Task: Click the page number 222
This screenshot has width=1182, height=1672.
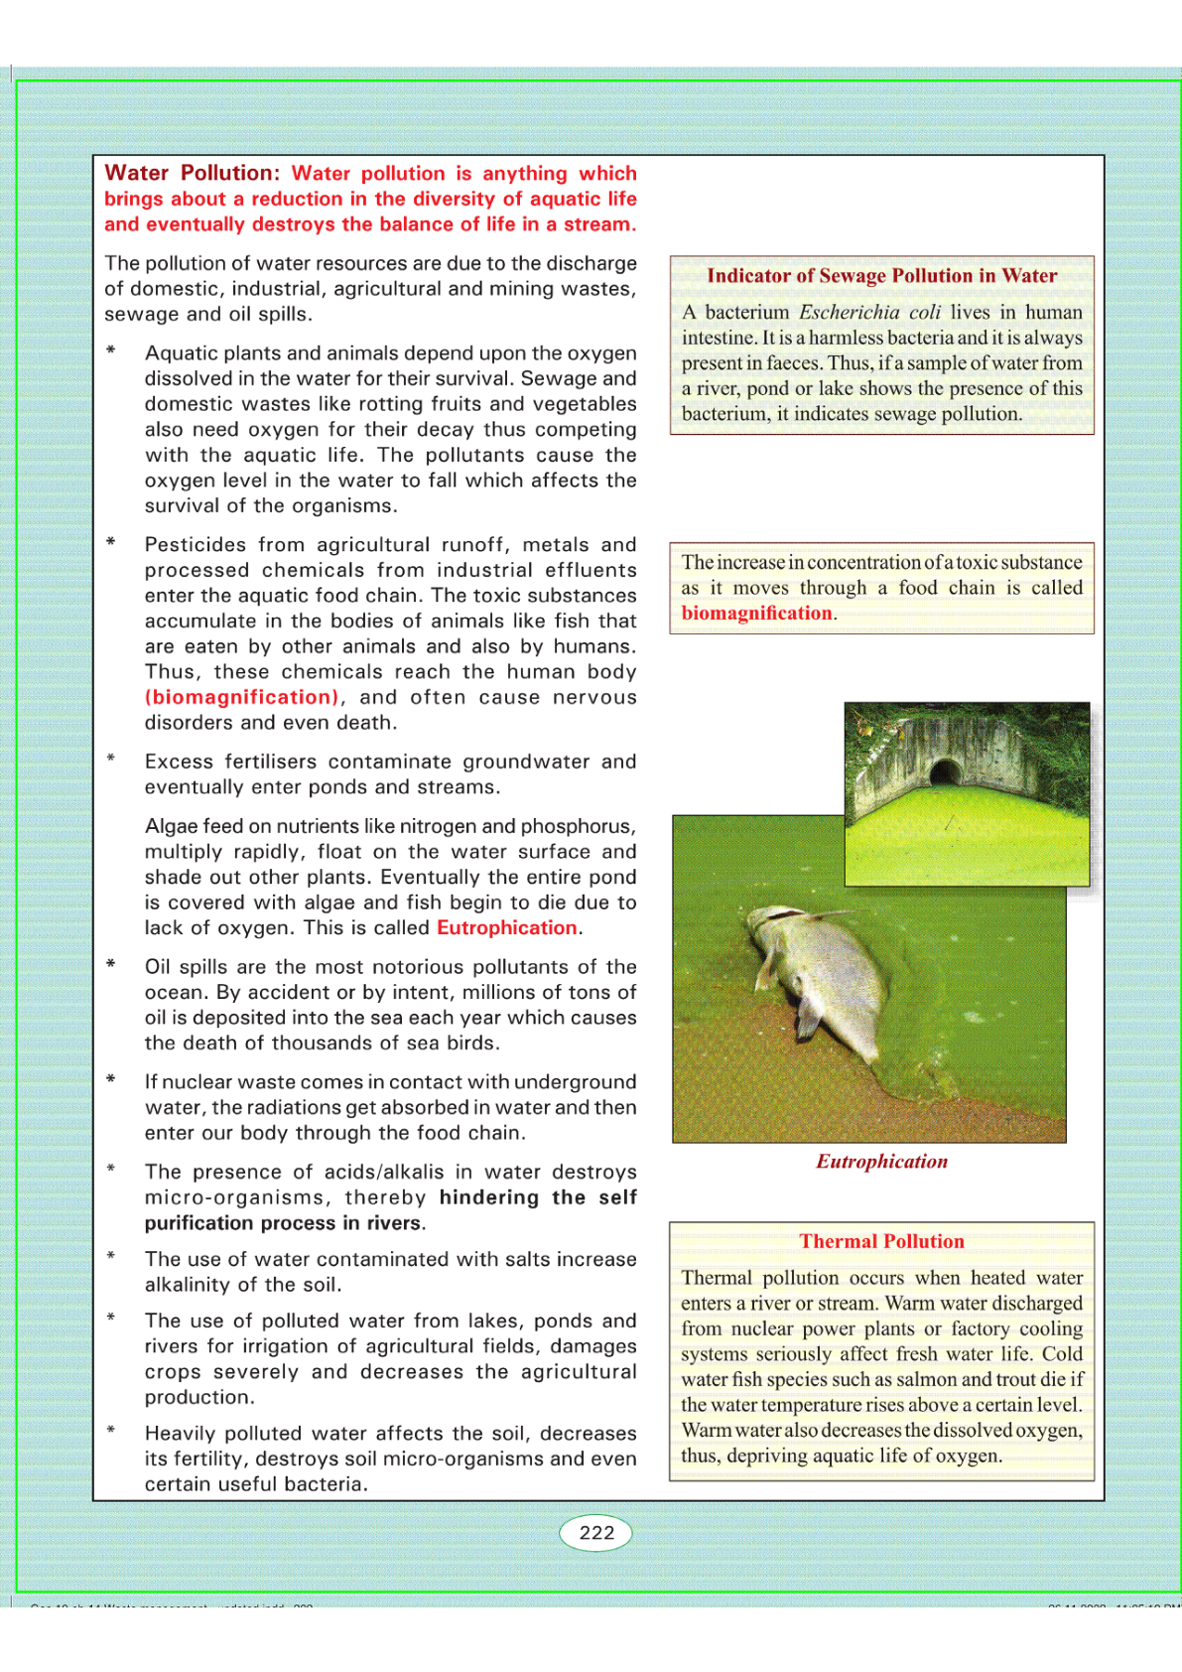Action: pos(596,1532)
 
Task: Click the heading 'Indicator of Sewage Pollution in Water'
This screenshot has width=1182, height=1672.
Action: pos(881,276)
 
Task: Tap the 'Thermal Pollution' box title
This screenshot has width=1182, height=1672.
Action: pos(881,1241)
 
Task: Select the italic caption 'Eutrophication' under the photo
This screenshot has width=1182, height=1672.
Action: pos(881,1162)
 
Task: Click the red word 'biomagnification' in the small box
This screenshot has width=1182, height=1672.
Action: pos(756,614)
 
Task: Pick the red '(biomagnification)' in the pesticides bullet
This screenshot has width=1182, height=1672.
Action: pos(241,697)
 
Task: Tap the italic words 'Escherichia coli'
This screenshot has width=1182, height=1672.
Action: pos(869,312)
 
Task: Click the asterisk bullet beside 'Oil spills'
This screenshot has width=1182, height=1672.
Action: pos(111,965)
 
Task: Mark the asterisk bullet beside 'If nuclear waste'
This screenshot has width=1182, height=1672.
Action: pos(111,1080)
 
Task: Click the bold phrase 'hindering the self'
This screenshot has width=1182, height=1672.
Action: pos(537,1197)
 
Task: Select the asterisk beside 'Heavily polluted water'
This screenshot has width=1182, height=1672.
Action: pos(111,1432)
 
